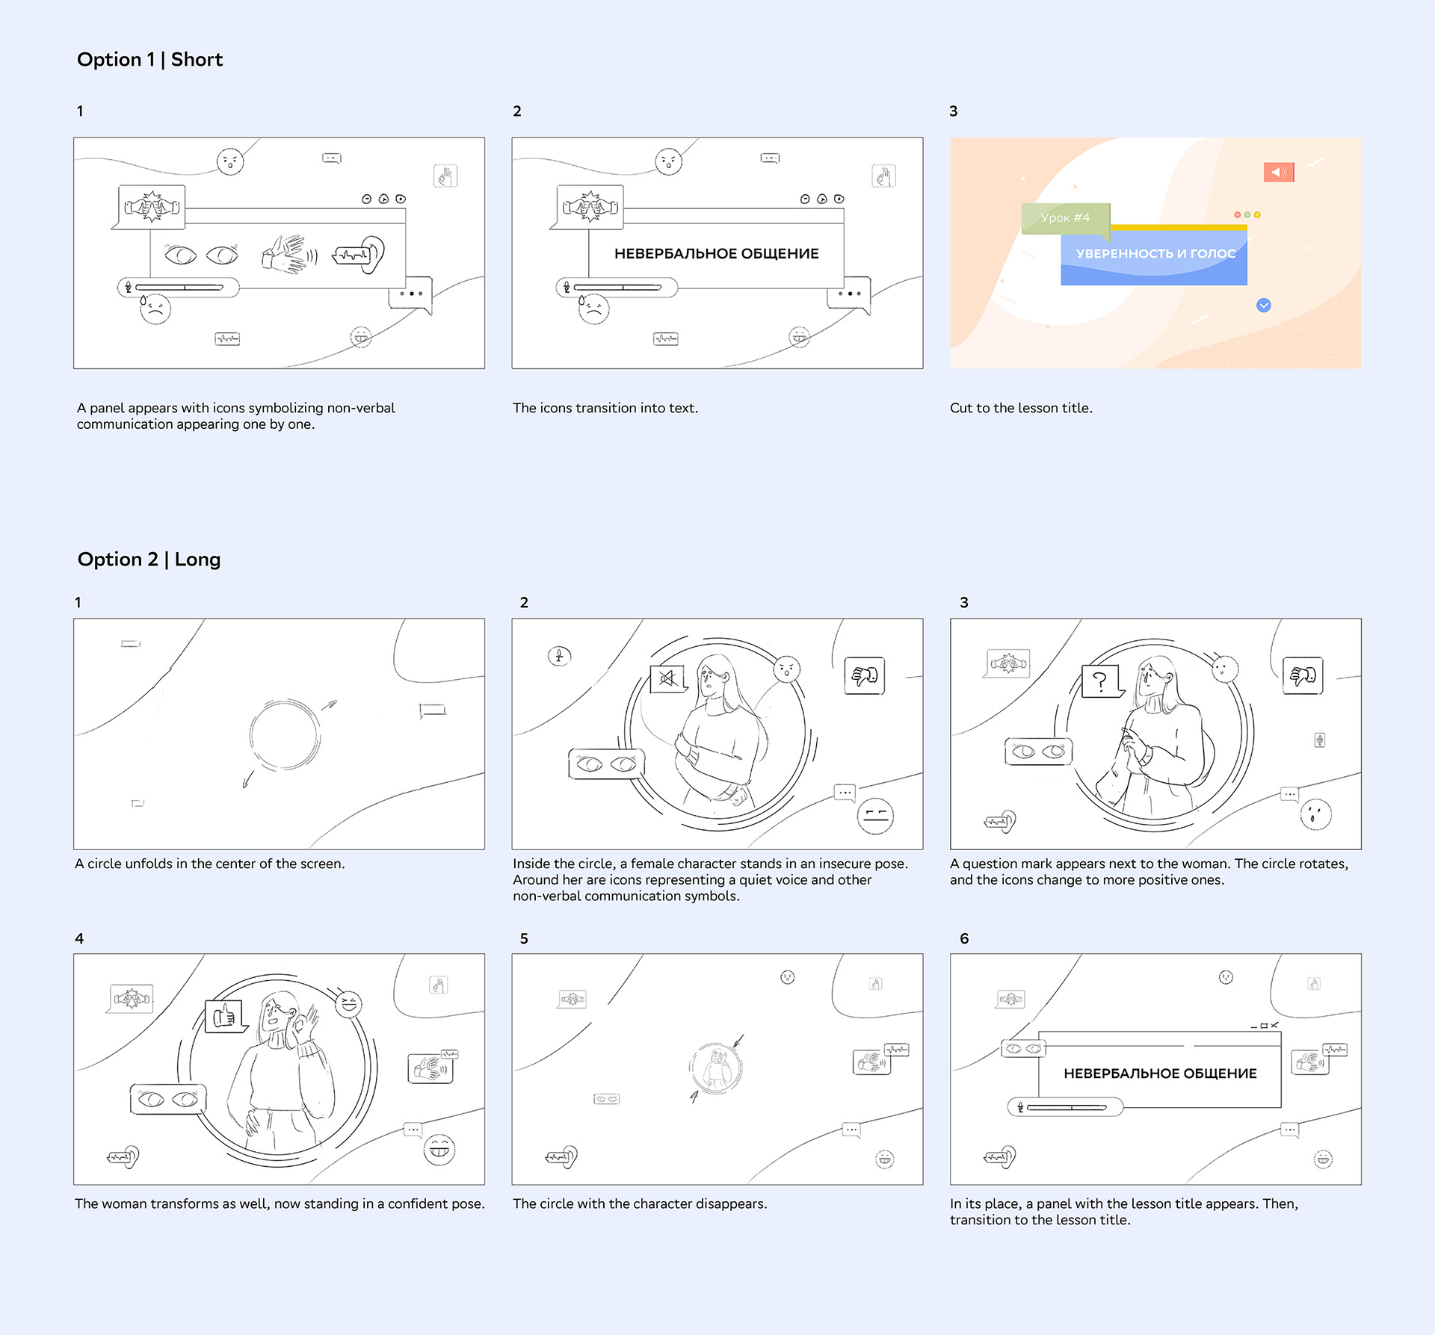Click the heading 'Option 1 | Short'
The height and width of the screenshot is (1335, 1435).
coord(149,60)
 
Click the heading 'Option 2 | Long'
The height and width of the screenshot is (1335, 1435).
coord(149,560)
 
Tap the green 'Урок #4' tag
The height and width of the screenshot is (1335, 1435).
coord(1065,218)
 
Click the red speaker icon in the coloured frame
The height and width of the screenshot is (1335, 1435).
coord(1279,173)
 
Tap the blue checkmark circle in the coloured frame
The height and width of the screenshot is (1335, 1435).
coord(1264,305)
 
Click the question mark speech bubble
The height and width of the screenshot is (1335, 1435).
coord(1102,681)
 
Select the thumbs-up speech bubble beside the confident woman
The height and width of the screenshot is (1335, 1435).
coord(226,1017)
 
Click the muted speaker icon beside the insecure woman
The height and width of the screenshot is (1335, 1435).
coord(667,678)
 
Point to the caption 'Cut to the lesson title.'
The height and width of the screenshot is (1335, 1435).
coord(1021,408)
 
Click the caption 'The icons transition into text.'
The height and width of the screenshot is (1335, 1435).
coord(605,408)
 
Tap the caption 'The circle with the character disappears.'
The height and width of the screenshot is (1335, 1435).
coord(640,1204)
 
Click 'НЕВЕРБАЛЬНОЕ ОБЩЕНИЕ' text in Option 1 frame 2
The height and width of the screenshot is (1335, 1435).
coord(717,254)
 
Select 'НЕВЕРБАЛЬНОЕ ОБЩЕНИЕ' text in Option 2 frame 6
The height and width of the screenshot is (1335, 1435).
coord(1160,1074)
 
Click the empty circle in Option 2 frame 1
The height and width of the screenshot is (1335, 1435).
coord(285,735)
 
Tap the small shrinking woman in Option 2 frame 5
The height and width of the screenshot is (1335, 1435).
coord(717,1068)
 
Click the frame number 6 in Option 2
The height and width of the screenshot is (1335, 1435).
coord(964,939)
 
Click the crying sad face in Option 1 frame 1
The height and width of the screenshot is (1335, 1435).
coord(155,309)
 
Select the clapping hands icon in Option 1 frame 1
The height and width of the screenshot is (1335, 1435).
coord(288,254)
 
